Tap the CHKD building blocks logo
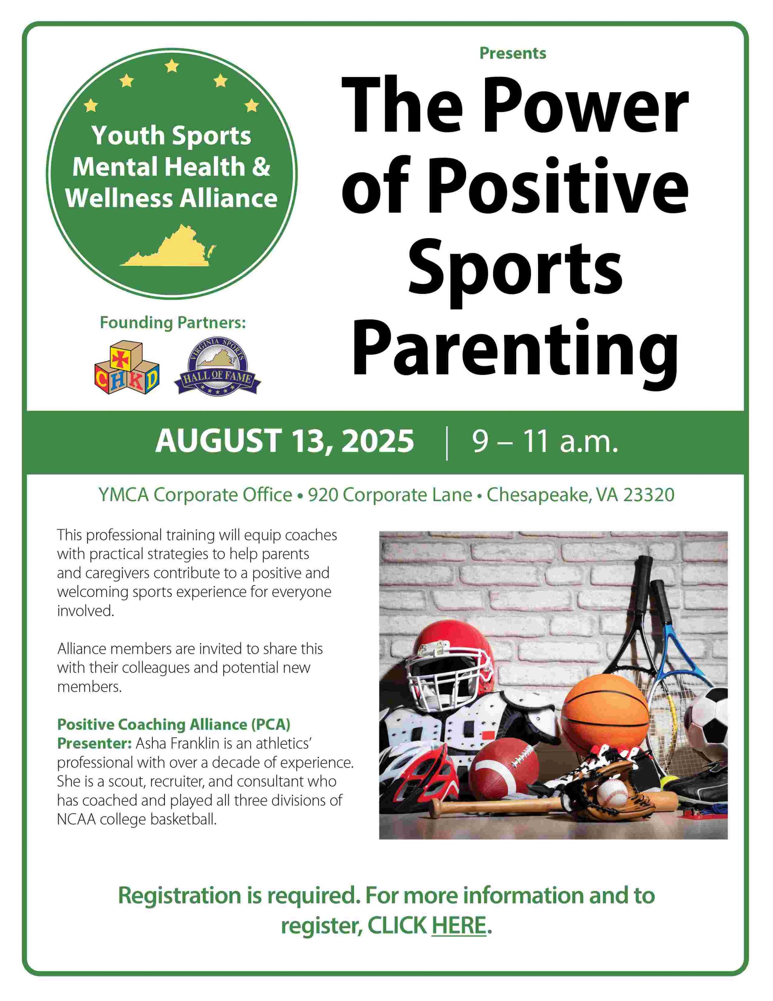pyautogui.click(x=127, y=368)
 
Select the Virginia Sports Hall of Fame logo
pyautogui.click(x=217, y=370)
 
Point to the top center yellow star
pyautogui.click(x=172, y=66)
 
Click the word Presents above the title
pyautogui.click(x=513, y=53)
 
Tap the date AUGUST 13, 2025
pyautogui.click(x=285, y=441)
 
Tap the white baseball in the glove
pyautogui.click(x=612, y=793)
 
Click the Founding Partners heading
pyautogui.click(x=173, y=323)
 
